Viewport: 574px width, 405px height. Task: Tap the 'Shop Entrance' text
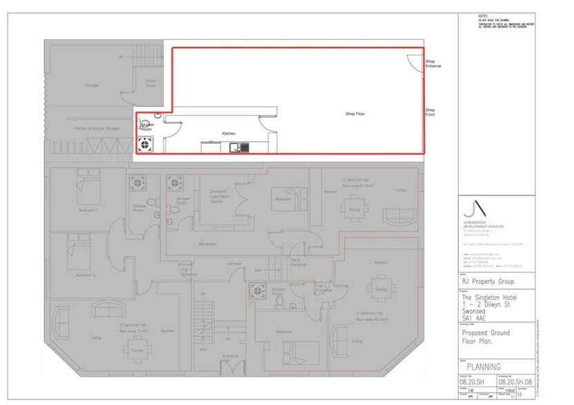[x=433, y=63]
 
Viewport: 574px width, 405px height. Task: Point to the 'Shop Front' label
[x=430, y=112]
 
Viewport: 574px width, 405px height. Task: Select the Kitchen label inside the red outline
[x=228, y=133]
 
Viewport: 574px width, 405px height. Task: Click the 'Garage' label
[x=91, y=85]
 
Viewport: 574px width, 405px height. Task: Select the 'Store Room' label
[x=150, y=83]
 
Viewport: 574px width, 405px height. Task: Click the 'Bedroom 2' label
[x=84, y=275]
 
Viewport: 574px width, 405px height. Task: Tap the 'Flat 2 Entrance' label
[x=297, y=262]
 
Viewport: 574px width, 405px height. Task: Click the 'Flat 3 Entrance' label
[x=324, y=288]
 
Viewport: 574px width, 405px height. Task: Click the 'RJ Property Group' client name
[x=488, y=282]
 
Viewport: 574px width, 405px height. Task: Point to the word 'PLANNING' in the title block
[x=484, y=366]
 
